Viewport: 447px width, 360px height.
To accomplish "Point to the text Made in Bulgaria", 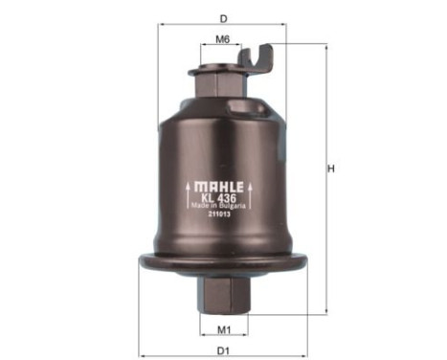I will [x=224, y=205].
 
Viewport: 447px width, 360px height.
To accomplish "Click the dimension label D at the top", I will [x=223, y=18].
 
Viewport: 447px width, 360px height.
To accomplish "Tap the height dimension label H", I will [x=332, y=169].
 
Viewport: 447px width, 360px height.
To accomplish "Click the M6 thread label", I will [x=222, y=40].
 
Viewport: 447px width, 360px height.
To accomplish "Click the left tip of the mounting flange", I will [x=142, y=260].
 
